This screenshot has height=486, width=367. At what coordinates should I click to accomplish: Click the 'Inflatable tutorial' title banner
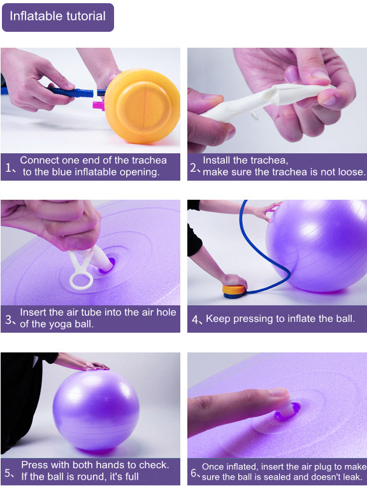tap(58, 17)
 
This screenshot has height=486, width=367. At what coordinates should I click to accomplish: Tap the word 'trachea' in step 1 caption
tap(149, 160)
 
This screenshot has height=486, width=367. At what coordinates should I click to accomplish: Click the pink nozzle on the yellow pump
tap(99, 104)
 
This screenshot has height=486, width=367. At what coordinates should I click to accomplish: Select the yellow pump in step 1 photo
tap(142, 106)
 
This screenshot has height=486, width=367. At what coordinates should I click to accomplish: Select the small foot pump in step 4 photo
tap(234, 291)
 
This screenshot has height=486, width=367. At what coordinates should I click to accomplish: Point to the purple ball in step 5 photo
tap(96, 410)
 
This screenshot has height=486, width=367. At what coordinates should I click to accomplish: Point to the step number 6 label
tap(194, 473)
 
